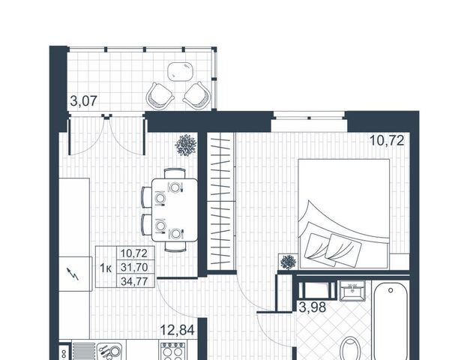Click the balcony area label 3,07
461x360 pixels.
tap(84, 101)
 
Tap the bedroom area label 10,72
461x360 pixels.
tap(387, 140)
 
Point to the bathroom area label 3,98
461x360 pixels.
tap(313, 307)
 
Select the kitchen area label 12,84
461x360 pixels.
tap(178, 330)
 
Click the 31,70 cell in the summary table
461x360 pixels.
tap(134, 267)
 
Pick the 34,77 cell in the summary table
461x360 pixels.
tap(134, 281)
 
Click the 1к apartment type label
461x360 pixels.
tap(106, 268)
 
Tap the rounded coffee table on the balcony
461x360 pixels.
tap(181, 71)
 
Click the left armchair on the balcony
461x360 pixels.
tap(160, 96)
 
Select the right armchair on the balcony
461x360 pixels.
tap(197, 94)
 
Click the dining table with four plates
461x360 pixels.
tap(175, 210)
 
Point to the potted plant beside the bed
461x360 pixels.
tap(288, 262)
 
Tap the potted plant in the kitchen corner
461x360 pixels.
tap(186, 145)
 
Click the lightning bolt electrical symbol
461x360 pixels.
tap(73, 274)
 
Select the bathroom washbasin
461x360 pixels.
tap(352, 290)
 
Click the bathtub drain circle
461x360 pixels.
tap(391, 290)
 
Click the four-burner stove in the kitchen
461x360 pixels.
tap(173, 351)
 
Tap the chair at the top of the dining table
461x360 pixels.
tap(175, 173)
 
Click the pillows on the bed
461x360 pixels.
tap(333, 250)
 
